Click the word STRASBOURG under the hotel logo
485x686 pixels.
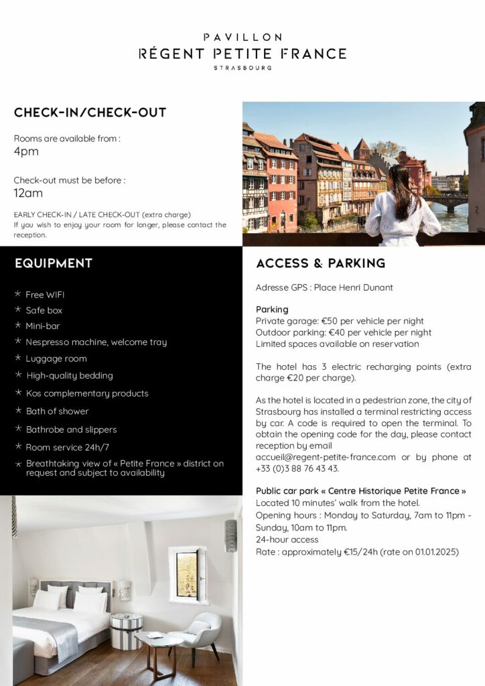pyautogui.click(x=242, y=68)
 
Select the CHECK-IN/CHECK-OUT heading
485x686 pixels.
pyautogui.click(x=90, y=113)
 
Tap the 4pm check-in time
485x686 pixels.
pyautogui.click(x=26, y=151)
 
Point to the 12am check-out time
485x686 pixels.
pyautogui.click(x=28, y=193)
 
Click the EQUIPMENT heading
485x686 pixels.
pyautogui.click(x=54, y=263)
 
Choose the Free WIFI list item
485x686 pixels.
pyautogui.click(x=45, y=295)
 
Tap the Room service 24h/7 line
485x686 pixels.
pyautogui.click(x=68, y=447)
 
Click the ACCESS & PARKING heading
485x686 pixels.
pyautogui.click(x=320, y=263)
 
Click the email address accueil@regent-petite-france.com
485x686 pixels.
pyautogui.click(x=326, y=458)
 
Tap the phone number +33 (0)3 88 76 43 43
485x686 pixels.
pyautogui.click(x=297, y=469)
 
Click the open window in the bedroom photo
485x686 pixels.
pyautogui.click(x=188, y=575)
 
